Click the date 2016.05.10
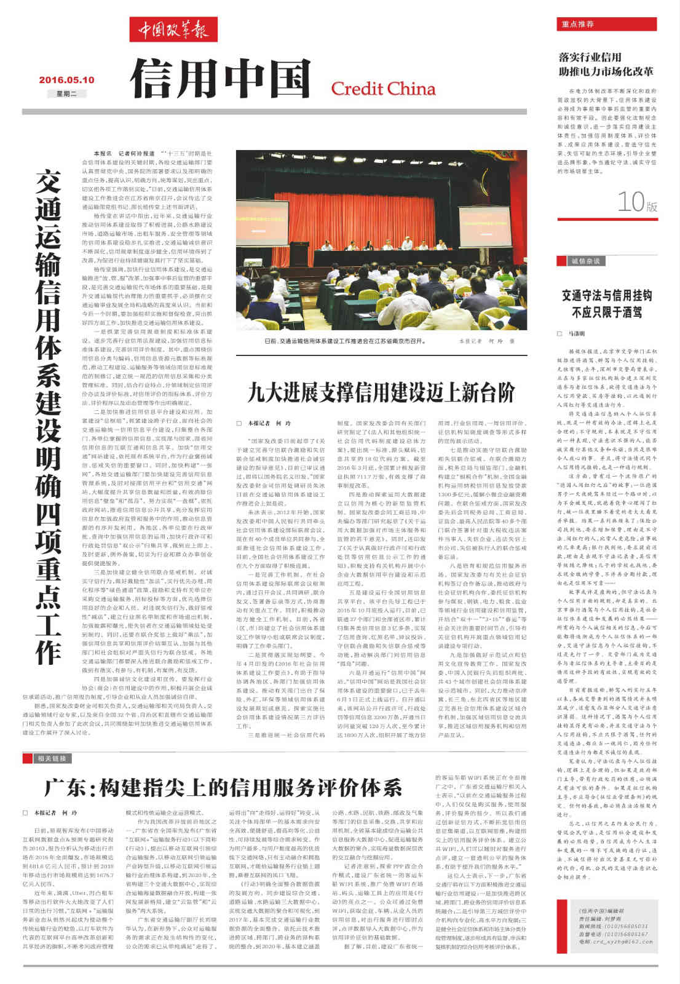coord(66,79)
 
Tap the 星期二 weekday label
coord(66,93)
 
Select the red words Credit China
coord(383,89)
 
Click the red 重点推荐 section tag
coord(577,24)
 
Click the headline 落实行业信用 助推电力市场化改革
coord(606,64)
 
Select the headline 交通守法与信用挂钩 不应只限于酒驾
coord(606,303)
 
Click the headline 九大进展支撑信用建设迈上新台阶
coord(381,392)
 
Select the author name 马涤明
coord(576,333)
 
